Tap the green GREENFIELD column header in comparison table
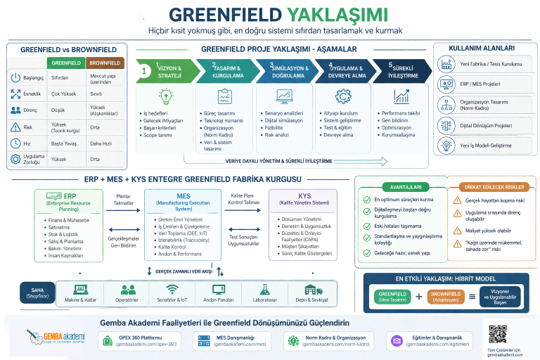[65, 63]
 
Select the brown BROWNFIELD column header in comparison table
[105, 63]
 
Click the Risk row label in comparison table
[28, 127]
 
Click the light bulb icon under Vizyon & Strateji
[166, 96]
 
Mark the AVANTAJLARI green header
[401, 187]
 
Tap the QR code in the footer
[497, 334]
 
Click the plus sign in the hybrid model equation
[419, 296]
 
